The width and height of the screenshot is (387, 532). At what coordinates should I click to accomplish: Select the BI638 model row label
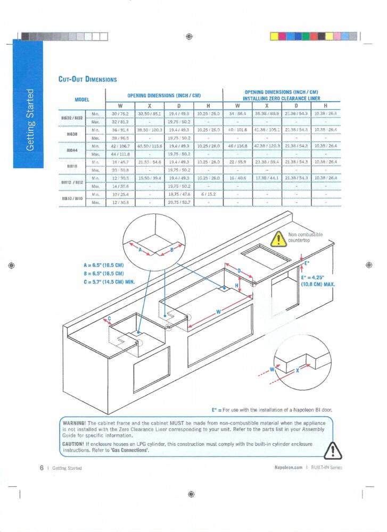tap(73, 134)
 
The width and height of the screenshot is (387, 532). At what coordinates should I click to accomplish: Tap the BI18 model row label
tap(73, 165)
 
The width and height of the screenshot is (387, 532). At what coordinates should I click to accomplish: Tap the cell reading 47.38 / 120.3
tap(267, 146)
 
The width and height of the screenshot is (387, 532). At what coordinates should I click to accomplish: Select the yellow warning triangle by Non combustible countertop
tap(278, 239)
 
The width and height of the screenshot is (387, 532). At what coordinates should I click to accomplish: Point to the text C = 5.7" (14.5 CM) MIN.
tap(109, 281)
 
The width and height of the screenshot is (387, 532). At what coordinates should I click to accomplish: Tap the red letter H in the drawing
tap(237, 286)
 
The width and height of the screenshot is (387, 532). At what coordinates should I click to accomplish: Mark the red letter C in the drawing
tap(110, 319)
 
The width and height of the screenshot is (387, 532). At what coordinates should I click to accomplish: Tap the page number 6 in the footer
tap(41, 468)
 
